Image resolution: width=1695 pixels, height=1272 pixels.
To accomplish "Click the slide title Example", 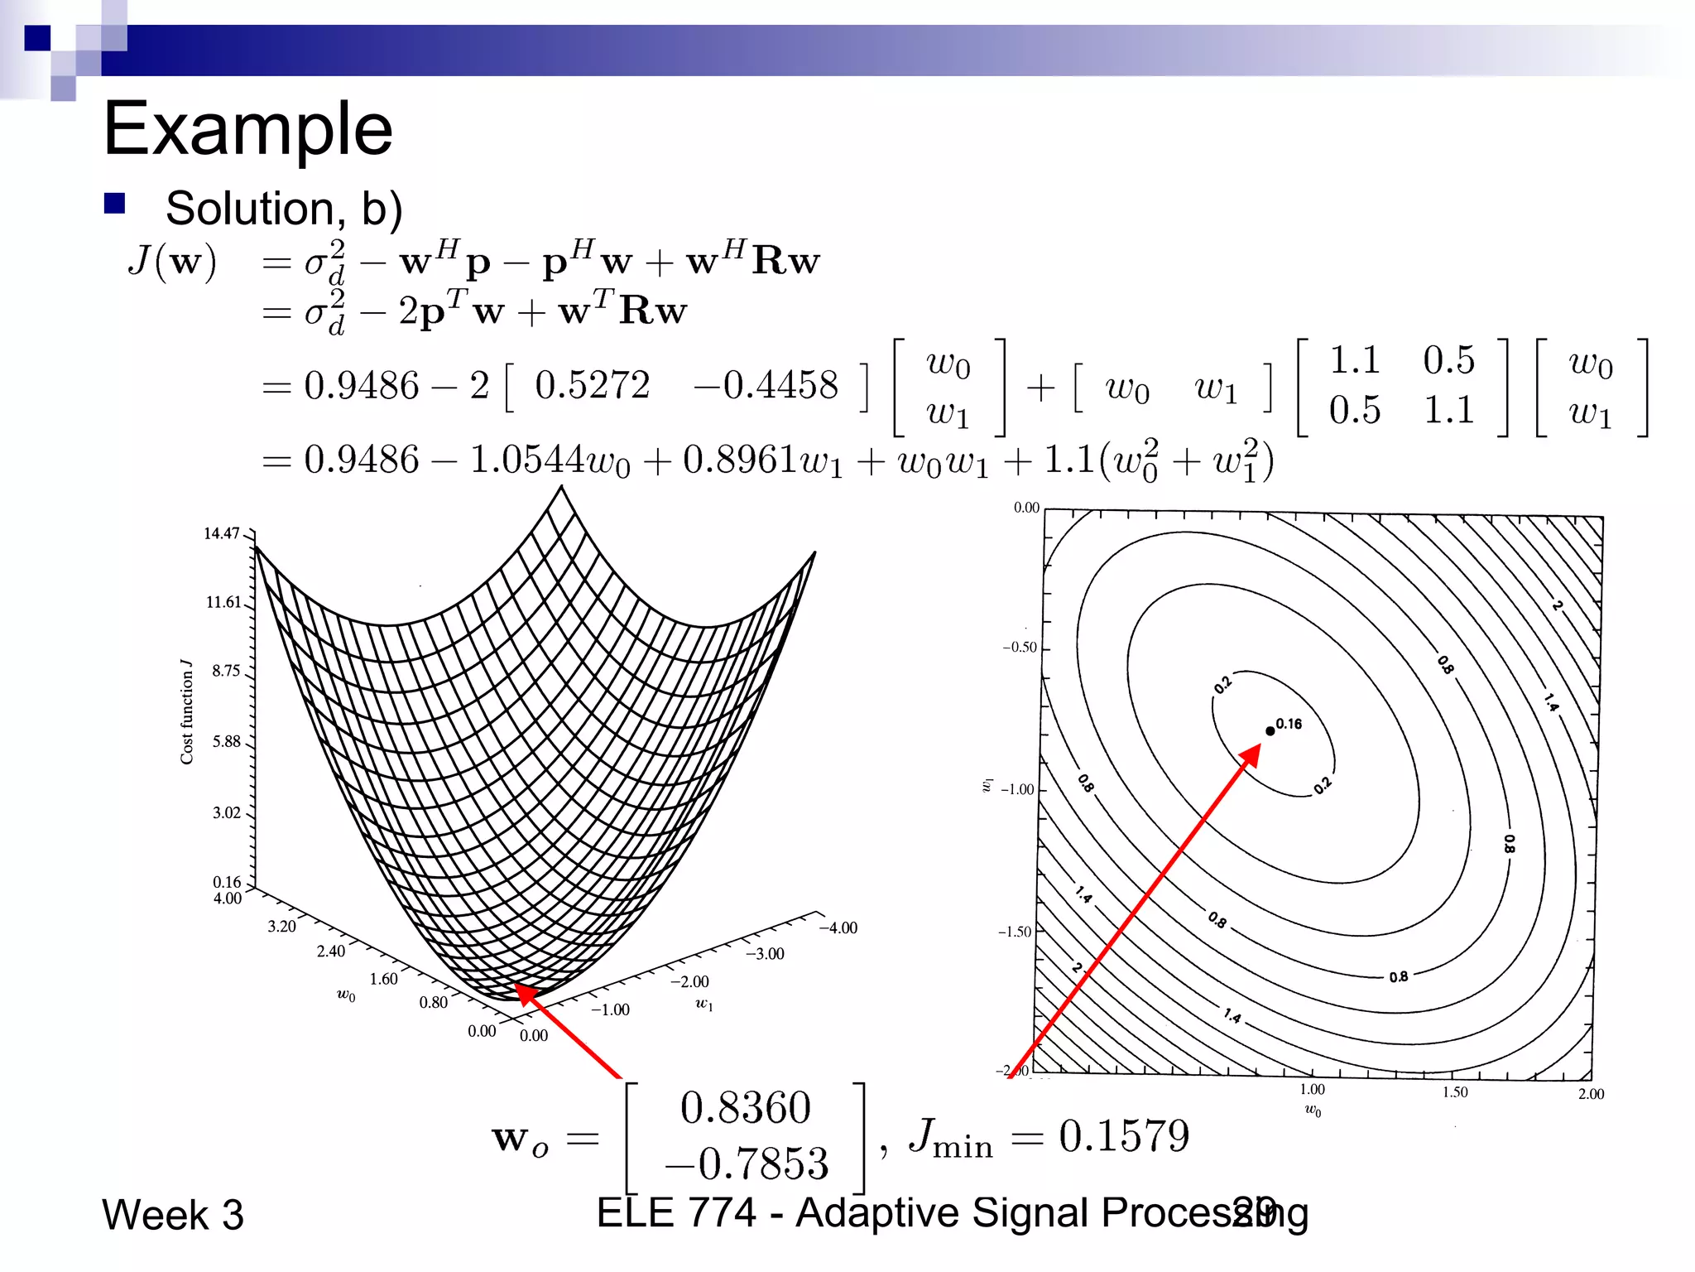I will [x=247, y=128].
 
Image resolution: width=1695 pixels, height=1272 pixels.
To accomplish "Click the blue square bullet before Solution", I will [x=114, y=203].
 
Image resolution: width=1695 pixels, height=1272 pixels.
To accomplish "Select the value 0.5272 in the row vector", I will [x=592, y=385].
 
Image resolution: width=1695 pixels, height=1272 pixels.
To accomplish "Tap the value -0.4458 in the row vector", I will [x=766, y=385].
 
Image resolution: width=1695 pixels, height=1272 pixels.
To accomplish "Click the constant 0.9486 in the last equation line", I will [x=362, y=460].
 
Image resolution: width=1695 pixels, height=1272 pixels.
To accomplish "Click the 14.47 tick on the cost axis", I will [x=222, y=533].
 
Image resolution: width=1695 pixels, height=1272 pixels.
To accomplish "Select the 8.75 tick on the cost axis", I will [x=225, y=671].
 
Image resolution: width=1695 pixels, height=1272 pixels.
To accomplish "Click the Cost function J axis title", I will [x=187, y=712].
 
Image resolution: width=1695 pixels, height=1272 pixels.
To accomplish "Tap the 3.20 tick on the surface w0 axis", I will [x=281, y=926].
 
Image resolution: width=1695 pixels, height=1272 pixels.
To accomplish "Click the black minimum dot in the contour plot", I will [x=1270, y=730].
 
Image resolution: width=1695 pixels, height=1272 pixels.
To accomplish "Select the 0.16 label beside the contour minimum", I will [x=1289, y=724].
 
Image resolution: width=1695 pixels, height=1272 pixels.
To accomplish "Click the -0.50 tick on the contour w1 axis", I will [x=1020, y=647].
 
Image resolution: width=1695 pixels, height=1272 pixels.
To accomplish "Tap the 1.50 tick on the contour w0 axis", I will [x=1455, y=1092].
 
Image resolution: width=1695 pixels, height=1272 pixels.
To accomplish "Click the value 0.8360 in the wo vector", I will [x=745, y=1108].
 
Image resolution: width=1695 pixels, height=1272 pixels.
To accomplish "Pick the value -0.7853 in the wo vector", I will [x=747, y=1164].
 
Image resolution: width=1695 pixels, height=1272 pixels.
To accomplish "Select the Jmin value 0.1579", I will [x=1123, y=1136].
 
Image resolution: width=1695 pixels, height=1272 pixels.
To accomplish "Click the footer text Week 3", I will [x=173, y=1215].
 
